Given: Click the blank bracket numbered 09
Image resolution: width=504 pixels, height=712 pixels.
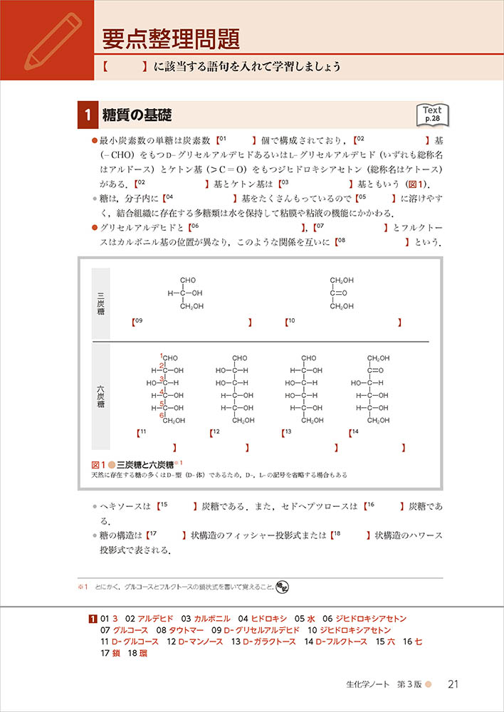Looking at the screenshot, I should tap(192, 322).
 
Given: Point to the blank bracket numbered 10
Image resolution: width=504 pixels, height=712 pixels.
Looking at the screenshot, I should tap(344, 322).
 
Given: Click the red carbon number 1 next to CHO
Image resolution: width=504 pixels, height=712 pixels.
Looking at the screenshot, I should tap(162, 356).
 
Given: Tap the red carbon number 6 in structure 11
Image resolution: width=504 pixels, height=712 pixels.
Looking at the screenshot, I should tap(162, 416).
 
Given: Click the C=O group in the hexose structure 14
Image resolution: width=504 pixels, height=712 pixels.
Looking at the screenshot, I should tap(375, 370).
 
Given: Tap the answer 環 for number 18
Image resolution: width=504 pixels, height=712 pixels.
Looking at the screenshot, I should tap(142, 653).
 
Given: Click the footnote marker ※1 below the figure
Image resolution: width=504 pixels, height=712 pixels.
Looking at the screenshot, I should tap(81, 587).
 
